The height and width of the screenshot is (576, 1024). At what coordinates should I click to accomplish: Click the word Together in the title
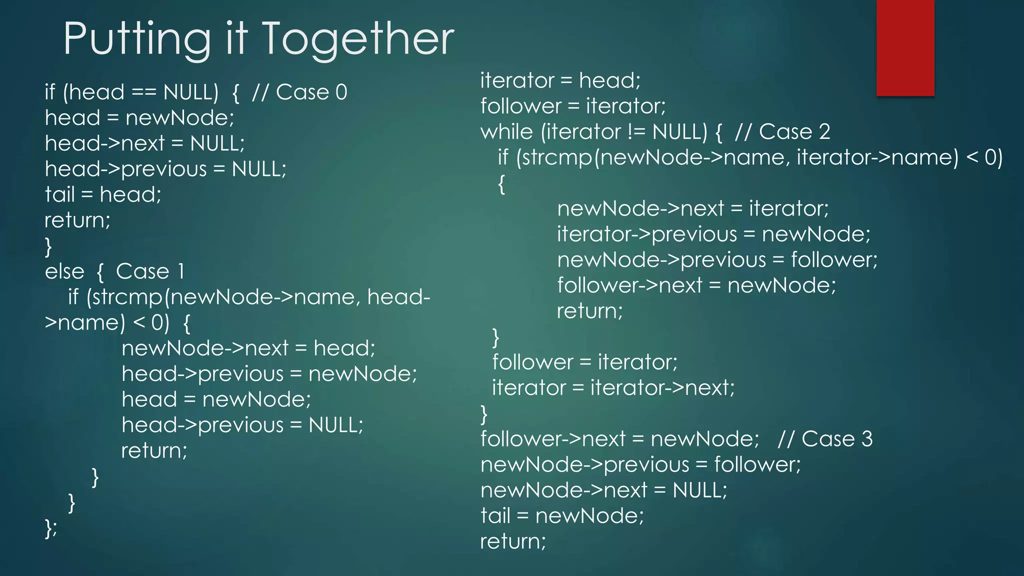357,39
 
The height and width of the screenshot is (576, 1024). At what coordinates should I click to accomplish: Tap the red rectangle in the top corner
905,48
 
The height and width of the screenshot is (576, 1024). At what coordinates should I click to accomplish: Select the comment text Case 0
311,92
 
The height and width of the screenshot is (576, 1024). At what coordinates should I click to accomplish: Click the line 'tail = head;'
103,194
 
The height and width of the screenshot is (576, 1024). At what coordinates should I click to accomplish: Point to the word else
64,271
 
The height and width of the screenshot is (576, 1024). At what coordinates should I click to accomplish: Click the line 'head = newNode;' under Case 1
216,399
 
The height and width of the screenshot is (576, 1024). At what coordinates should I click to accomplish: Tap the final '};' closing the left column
51,527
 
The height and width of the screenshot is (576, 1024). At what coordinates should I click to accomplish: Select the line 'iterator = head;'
560,80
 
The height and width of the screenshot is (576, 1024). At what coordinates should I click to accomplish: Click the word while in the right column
506,132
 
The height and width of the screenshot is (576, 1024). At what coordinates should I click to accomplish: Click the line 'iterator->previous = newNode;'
713,234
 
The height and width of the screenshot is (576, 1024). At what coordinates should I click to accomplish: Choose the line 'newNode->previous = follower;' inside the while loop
717,260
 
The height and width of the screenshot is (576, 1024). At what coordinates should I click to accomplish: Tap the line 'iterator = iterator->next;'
613,388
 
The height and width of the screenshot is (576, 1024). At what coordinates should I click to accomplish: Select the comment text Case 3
836,439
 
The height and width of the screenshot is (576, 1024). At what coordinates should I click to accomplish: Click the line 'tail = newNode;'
562,516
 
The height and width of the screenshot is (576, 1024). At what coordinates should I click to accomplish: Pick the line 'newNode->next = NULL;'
603,490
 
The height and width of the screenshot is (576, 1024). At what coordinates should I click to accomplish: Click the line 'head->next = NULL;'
144,143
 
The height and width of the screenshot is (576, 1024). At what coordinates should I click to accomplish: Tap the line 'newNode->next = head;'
248,348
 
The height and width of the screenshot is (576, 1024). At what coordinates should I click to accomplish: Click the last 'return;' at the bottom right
513,541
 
